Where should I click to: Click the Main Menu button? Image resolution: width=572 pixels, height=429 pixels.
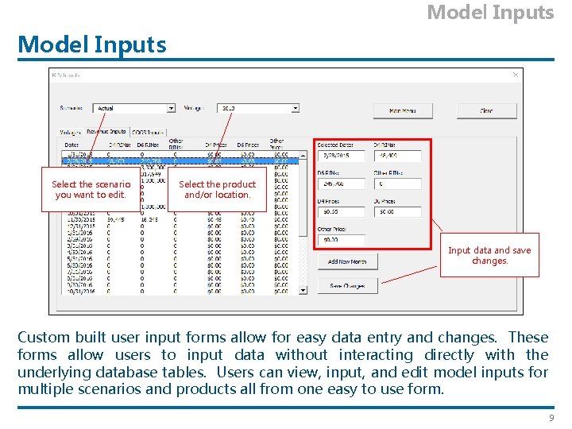point(403,110)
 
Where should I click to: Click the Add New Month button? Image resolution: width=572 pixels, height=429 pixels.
point(347,261)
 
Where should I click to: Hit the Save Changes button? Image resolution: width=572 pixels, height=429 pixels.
point(347,285)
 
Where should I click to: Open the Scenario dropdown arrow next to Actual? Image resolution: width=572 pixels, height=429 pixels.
point(171,108)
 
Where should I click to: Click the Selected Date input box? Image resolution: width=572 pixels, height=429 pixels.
point(340,156)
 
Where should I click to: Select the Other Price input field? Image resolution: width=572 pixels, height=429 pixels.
point(340,239)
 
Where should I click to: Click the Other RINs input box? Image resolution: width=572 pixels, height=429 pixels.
point(397,184)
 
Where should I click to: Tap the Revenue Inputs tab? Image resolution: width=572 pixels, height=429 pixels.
point(106,132)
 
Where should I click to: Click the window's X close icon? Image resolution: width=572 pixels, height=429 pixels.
point(516,75)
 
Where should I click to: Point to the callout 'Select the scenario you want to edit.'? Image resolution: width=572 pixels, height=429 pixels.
point(91,189)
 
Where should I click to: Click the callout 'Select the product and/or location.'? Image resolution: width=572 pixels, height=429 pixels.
point(217,189)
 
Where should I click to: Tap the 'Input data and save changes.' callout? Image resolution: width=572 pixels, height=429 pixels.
point(489,255)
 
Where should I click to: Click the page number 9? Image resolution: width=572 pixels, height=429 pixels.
point(551,418)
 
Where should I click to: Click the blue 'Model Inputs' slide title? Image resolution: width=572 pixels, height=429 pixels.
point(92,44)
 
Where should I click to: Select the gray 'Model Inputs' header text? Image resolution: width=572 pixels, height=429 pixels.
point(490,13)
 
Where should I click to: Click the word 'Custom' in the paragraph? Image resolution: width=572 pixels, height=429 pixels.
point(44,337)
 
